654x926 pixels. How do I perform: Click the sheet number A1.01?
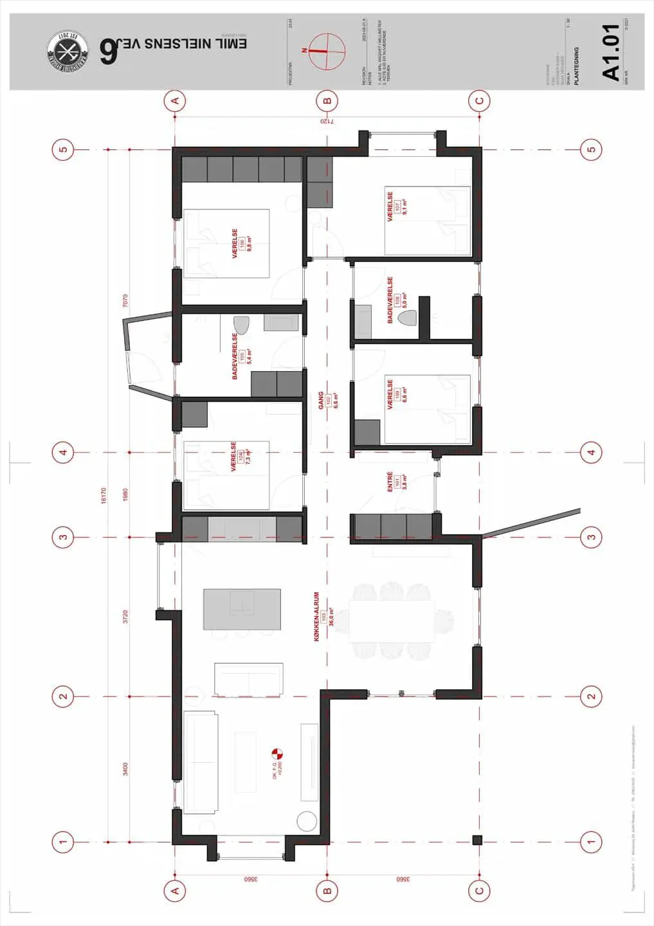(610, 52)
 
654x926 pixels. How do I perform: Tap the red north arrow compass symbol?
(327, 50)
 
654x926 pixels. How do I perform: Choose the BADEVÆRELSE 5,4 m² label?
(242, 356)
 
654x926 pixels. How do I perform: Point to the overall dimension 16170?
(104, 495)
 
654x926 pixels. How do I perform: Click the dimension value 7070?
(125, 300)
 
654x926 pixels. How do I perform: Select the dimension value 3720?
(125, 617)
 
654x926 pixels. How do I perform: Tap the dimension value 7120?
(327, 121)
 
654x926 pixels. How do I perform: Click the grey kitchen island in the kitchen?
(242, 609)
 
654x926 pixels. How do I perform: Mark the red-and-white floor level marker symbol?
(278, 753)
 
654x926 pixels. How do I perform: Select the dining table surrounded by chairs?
(390, 621)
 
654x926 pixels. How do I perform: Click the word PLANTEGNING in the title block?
(576, 66)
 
